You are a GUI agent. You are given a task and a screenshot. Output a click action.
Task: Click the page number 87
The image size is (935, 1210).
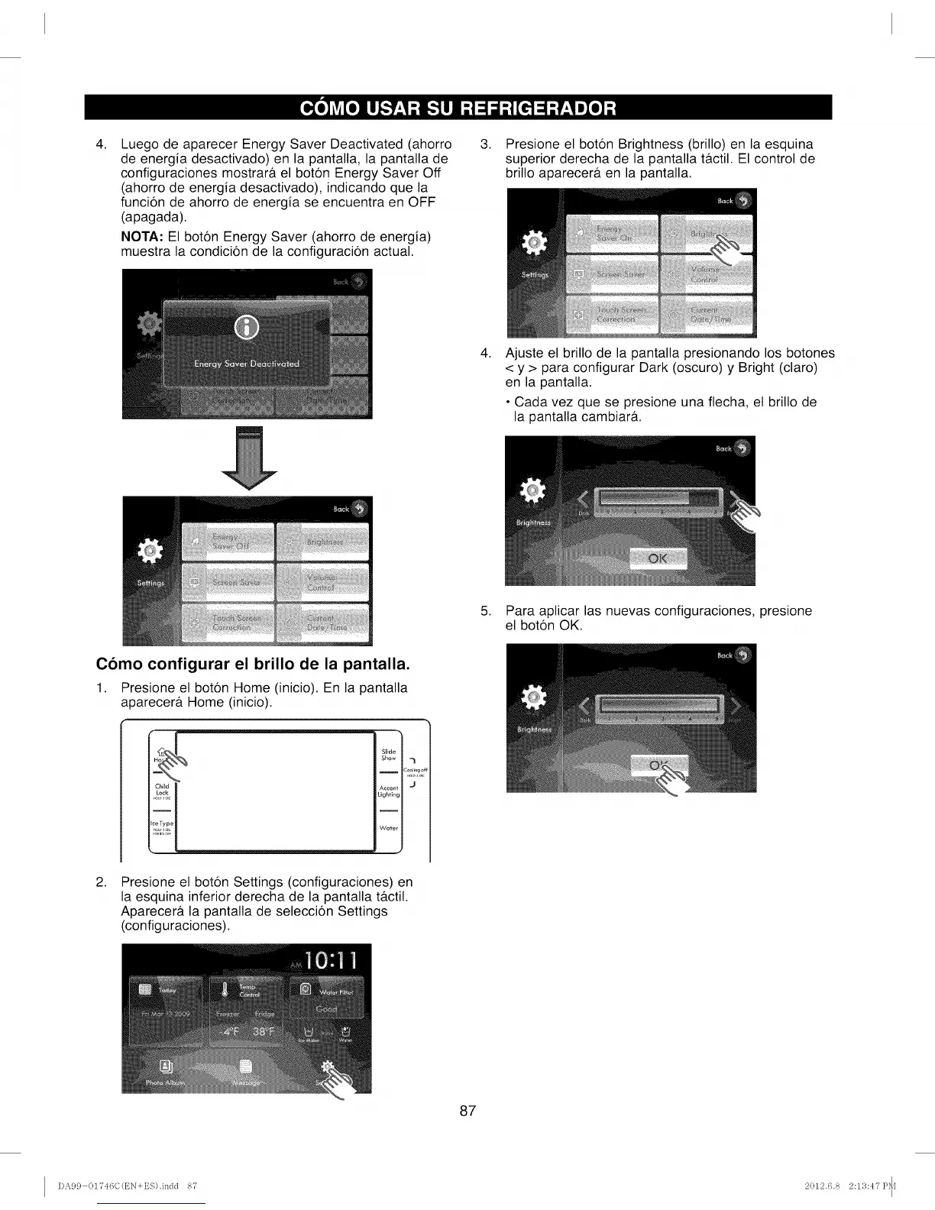tap(467, 1111)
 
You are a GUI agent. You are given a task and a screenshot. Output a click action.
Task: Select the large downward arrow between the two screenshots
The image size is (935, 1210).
tap(248, 458)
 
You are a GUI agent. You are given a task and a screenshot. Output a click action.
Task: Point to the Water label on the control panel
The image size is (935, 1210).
tap(388, 828)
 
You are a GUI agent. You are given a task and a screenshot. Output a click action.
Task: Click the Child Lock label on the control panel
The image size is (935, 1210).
tap(162, 790)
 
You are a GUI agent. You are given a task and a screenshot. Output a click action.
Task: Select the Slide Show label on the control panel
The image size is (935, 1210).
tap(388, 755)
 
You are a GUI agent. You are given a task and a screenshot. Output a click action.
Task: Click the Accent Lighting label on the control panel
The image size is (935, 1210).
tap(388, 791)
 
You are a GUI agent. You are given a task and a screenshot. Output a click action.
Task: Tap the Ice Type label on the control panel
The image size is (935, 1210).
tap(163, 825)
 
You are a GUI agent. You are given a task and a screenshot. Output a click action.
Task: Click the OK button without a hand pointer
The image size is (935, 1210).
tap(658, 558)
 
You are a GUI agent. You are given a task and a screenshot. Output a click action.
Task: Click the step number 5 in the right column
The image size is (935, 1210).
tap(484, 611)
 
